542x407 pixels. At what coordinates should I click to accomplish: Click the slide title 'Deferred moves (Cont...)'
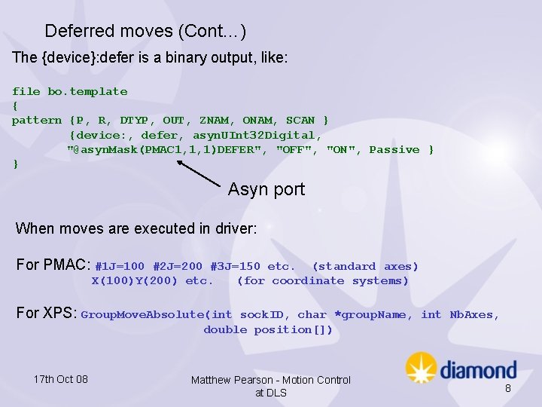(145, 31)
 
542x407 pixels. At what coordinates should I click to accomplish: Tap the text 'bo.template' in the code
(87, 91)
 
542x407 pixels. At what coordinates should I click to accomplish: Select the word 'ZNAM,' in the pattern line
(218, 121)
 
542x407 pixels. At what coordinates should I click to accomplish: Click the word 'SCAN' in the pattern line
(300, 121)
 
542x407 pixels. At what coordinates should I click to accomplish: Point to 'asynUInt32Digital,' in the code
(257, 136)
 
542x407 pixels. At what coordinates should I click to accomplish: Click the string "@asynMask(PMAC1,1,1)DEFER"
(168, 150)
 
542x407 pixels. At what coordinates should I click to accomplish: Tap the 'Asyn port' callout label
(266, 189)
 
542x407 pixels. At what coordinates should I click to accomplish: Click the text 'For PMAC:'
(53, 265)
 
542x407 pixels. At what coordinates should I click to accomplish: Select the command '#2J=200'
(178, 267)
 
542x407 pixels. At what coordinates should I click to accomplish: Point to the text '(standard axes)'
(365, 267)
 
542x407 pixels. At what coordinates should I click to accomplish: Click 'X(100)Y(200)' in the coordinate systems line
(135, 281)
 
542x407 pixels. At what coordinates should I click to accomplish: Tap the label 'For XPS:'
(47, 313)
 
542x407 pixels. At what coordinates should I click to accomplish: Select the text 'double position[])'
(268, 330)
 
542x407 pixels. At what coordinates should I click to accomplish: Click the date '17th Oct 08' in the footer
(61, 379)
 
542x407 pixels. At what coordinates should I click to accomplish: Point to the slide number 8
(507, 388)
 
